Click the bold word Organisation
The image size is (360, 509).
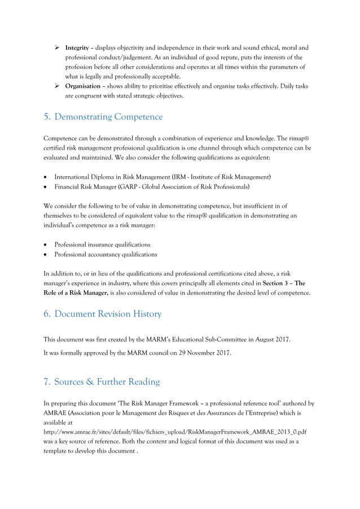point(84,86)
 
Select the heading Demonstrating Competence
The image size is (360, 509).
point(110,117)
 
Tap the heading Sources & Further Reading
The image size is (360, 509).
point(108,382)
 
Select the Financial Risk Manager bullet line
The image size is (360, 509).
point(152,186)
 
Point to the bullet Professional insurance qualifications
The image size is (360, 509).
point(102,244)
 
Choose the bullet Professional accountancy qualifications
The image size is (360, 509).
point(106,254)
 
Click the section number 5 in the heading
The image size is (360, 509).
point(46,117)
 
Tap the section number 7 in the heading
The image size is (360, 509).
point(46,382)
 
